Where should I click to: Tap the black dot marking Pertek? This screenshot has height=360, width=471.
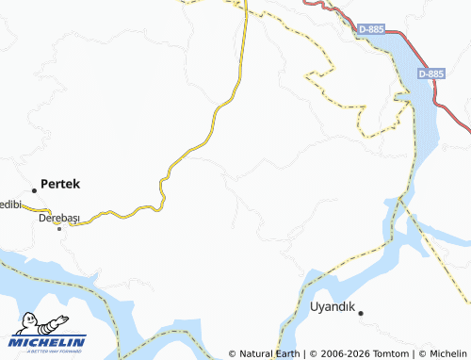point(35,190)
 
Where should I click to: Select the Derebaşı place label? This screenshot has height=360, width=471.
point(58,218)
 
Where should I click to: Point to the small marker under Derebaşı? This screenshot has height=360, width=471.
point(59,228)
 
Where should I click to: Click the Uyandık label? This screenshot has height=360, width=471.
point(331,306)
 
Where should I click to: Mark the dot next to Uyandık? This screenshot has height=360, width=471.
point(360,312)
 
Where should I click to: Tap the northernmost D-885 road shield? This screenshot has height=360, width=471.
point(372,30)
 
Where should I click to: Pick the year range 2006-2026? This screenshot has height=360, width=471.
point(343,353)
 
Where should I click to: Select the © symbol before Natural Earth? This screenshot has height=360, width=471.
point(233,353)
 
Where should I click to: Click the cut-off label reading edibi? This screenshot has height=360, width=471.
point(8,205)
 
